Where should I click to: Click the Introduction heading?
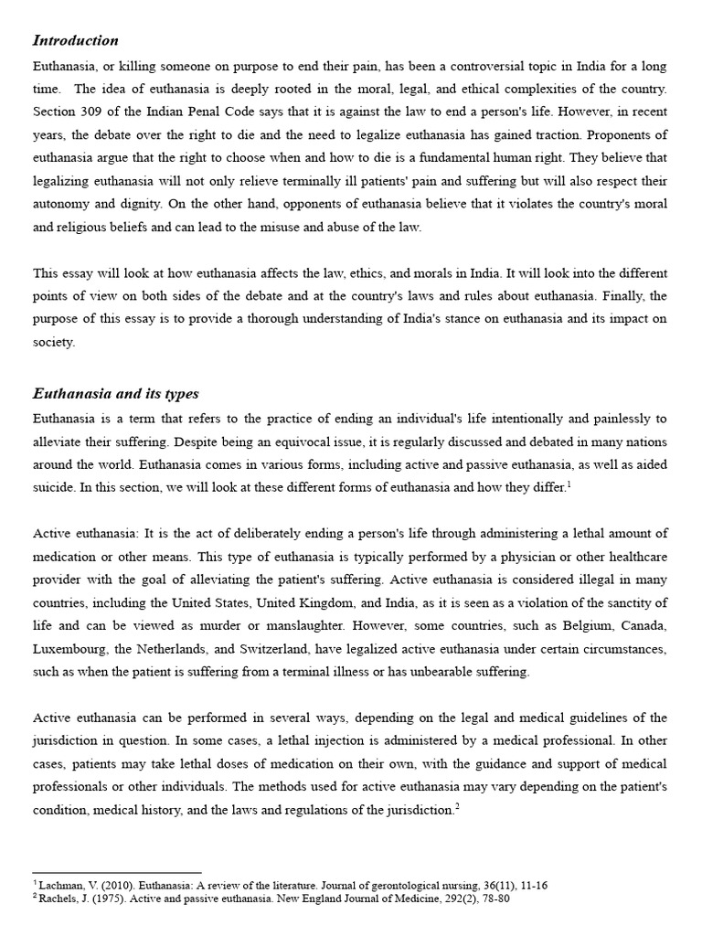[x=76, y=40]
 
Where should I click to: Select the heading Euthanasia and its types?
[x=116, y=394]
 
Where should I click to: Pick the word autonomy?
[x=64, y=204]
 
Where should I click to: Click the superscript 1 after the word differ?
[x=569, y=484]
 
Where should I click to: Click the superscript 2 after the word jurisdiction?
[x=457, y=805]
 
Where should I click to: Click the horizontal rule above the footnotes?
[x=116, y=873]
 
